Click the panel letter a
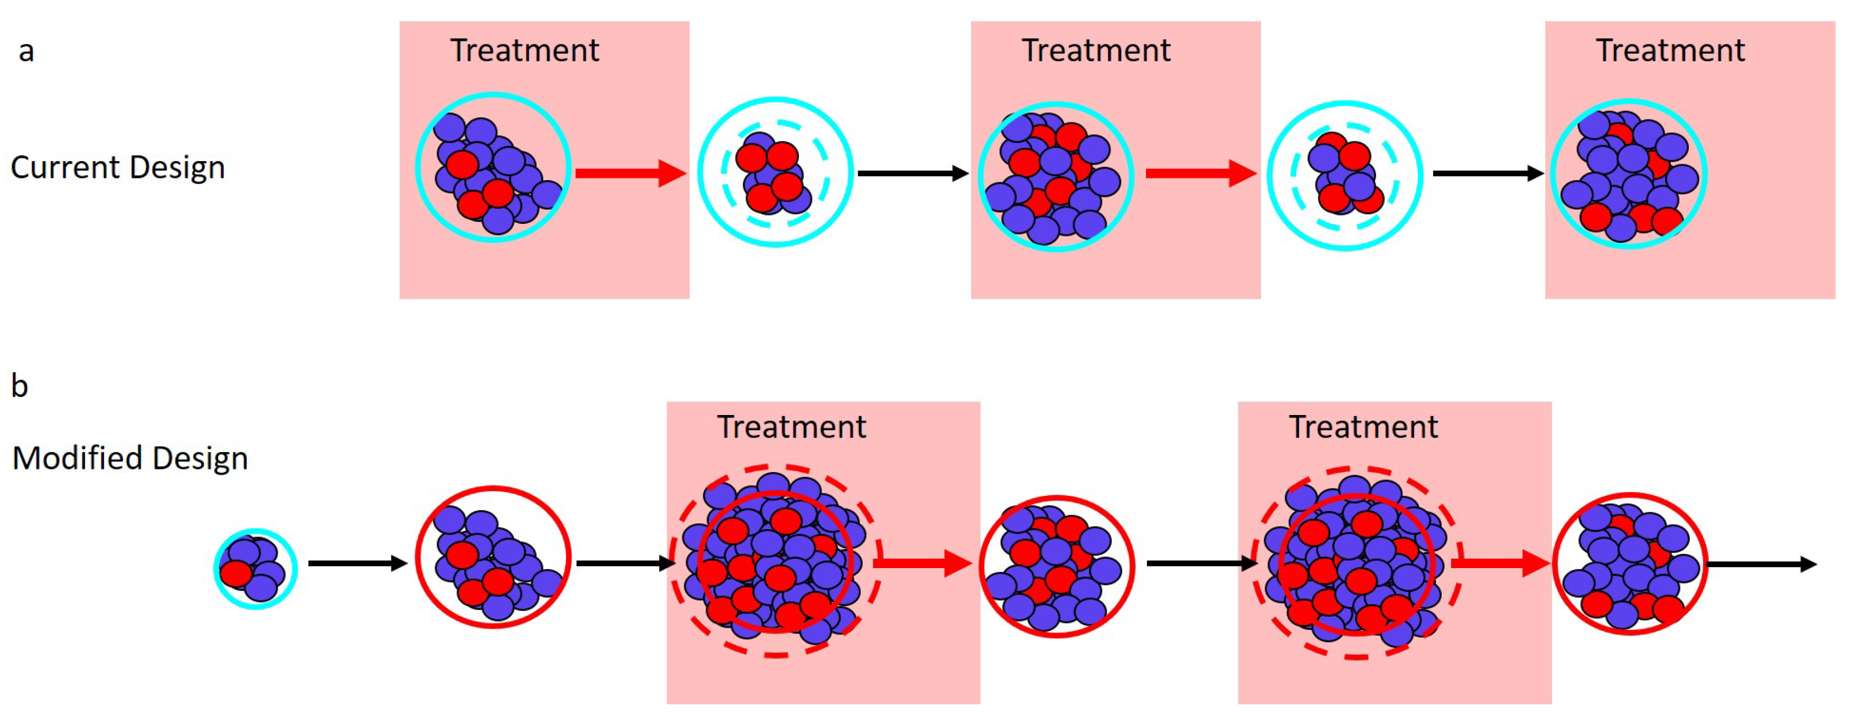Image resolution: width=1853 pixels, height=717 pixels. (26, 52)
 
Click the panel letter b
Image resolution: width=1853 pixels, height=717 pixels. (20, 386)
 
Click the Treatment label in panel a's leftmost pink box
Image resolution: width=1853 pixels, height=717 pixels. (524, 50)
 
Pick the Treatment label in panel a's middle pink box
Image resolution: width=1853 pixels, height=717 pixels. (1096, 50)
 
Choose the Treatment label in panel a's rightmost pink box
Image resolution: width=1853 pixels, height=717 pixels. (1670, 50)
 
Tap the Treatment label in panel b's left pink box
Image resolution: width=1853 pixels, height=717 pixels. (791, 427)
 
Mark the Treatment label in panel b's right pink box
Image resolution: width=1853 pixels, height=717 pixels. (1363, 427)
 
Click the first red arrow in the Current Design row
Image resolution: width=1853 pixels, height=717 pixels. (630, 173)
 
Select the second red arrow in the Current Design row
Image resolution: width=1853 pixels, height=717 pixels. (1200, 173)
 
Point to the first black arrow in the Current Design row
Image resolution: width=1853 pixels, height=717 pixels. (912, 173)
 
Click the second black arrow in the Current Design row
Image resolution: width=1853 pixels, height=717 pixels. (1487, 173)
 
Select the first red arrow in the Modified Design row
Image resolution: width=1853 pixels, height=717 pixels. (923, 563)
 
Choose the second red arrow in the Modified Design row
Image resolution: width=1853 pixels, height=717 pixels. (1500, 563)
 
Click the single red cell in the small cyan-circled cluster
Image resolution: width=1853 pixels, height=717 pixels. (236, 574)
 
